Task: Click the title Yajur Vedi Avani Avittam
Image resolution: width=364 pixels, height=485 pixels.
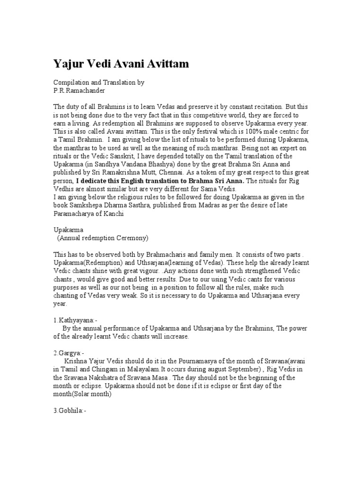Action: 121,64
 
